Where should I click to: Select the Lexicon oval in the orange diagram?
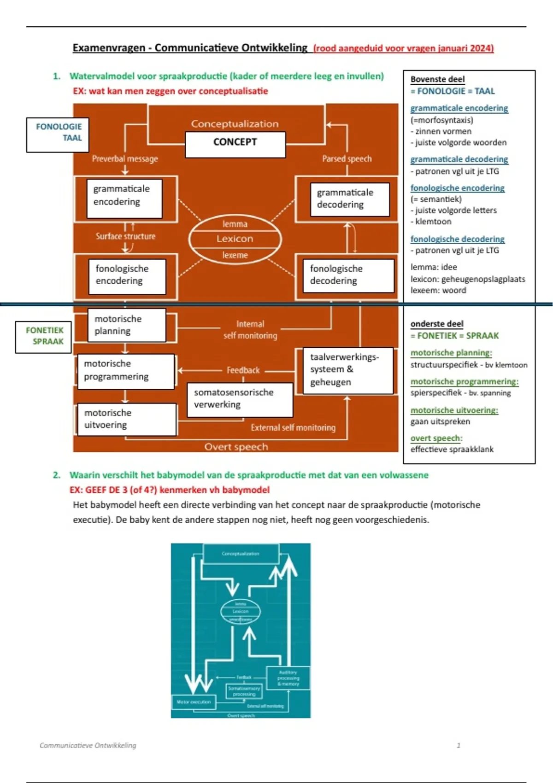point(235,239)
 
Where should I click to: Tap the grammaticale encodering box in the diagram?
point(124,198)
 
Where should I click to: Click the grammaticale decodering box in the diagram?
point(350,199)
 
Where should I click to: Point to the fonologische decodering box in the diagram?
point(348,275)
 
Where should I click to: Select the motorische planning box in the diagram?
point(127,325)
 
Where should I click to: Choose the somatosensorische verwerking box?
point(240,399)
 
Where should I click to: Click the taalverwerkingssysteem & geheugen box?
point(348,370)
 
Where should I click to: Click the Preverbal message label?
point(125,159)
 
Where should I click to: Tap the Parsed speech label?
point(347,159)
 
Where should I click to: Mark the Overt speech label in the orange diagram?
point(236,447)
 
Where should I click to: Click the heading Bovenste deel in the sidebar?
point(437,79)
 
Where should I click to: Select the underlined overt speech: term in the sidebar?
point(436,438)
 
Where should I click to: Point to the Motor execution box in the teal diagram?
point(194,702)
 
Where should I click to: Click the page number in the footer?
point(458,745)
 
